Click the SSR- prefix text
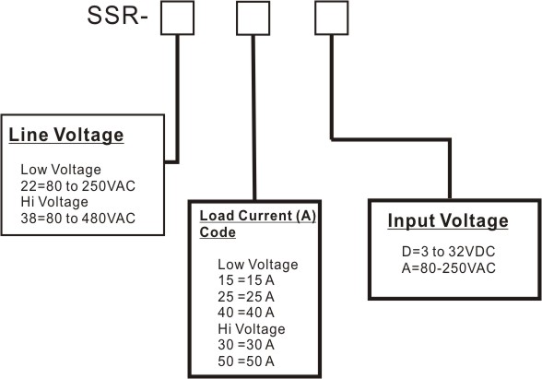(118, 16)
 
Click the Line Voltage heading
(66, 135)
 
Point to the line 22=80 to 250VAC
(77, 186)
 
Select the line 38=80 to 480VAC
(77, 219)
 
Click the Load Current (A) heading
(258, 216)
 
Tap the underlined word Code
(218, 232)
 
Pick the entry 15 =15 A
(246, 280)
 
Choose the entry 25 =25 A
(246, 296)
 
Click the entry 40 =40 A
(246, 313)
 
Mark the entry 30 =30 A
(246, 345)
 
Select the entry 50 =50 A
(246, 361)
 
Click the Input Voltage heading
(448, 220)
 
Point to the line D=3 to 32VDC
(449, 252)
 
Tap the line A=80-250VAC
(449, 268)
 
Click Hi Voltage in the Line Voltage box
(54, 202)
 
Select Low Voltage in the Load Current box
(258, 265)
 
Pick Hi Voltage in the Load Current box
(252, 329)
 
